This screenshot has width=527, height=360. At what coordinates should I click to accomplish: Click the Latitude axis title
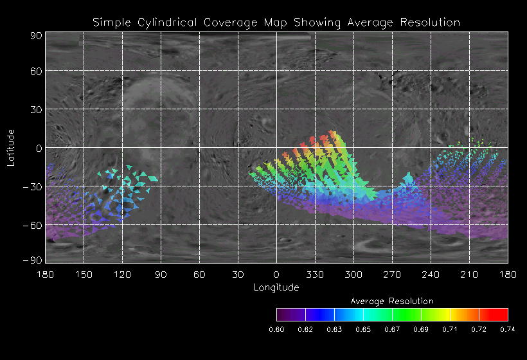coord(10,147)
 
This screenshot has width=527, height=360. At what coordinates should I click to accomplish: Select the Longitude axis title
coord(276,287)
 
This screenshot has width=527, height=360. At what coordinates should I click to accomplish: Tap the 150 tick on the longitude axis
coord(84,274)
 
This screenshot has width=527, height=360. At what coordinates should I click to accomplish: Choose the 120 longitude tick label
coord(122,274)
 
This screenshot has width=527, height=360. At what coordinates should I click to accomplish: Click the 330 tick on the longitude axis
coord(315,274)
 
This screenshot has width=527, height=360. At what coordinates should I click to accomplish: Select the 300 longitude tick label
coord(353,274)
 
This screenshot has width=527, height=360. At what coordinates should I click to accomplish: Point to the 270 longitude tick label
coord(392,274)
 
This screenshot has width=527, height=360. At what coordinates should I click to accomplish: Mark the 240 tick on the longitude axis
coord(431,274)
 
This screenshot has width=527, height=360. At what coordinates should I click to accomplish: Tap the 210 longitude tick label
coord(469,274)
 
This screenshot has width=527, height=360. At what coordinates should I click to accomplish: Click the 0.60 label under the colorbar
coord(276,329)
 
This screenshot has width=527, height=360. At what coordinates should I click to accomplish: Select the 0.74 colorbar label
coord(508,329)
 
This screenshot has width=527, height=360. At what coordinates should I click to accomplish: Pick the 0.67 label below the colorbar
coord(392,329)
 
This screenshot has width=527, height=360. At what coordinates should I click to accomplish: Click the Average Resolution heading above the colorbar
coord(392,301)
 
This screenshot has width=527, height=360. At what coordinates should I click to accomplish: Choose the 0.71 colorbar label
coord(450,329)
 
